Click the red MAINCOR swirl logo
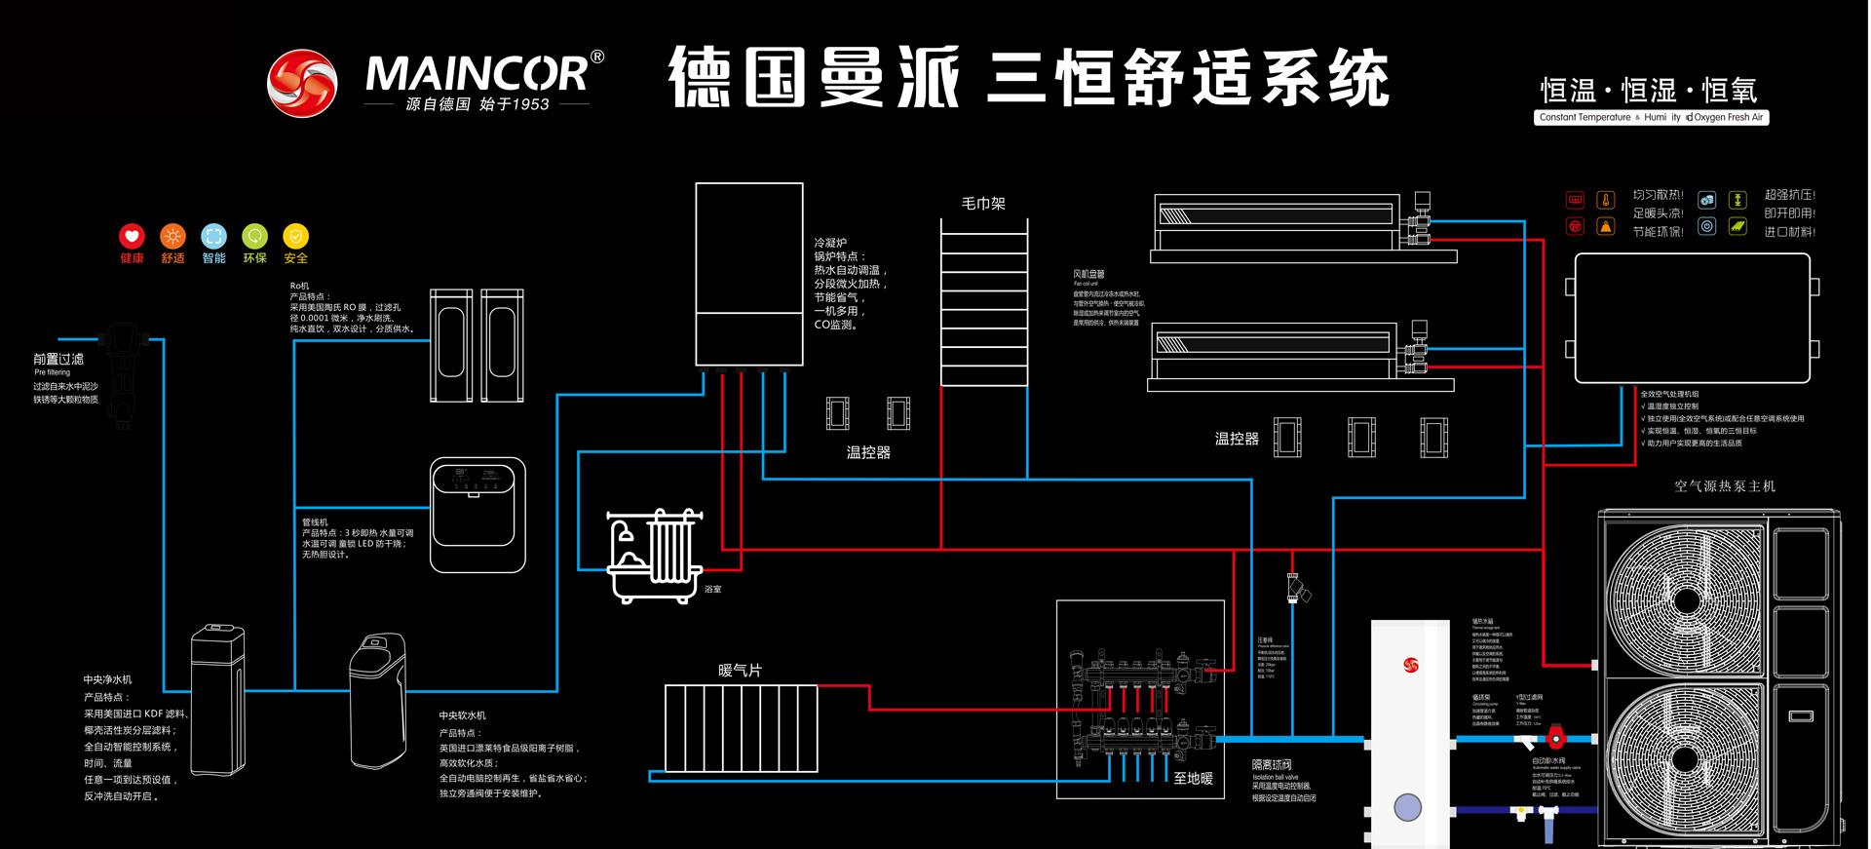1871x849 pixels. [x=302, y=84]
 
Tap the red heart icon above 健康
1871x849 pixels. [x=132, y=236]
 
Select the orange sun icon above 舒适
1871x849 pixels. [x=172, y=236]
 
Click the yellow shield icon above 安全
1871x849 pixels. [x=295, y=236]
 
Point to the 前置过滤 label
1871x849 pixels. [x=58, y=359]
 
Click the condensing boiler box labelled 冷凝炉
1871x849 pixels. [x=748, y=273]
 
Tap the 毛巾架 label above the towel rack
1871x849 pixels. [x=982, y=203]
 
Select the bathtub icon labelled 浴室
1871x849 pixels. [x=654, y=556]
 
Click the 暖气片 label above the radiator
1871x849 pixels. [x=740, y=671]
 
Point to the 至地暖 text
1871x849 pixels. [x=1193, y=778]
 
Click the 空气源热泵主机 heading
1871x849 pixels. [x=1724, y=485]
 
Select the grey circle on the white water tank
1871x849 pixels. [x=1407, y=807]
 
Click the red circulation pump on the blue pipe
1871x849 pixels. [x=1555, y=736]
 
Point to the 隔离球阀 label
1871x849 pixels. [x=1271, y=765]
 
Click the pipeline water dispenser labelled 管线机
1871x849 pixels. [x=477, y=515]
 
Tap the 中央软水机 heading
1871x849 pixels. [x=462, y=715]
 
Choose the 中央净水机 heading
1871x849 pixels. [x=107, y=679]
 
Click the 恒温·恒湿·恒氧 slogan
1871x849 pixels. [x=1649, y=91]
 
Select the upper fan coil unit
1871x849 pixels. [x=1277, y=224]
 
